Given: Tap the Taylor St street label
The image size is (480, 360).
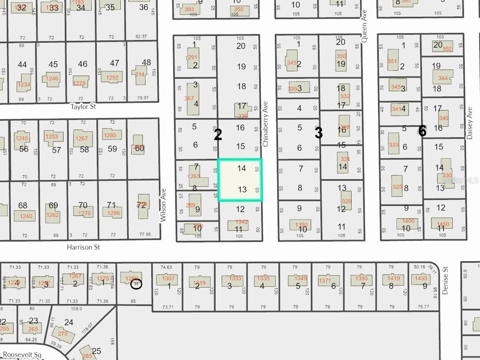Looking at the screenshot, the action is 83,107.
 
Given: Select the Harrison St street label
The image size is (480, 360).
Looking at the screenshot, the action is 83,247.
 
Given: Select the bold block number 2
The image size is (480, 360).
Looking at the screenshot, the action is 218,135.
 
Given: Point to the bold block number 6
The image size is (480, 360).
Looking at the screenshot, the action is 422,131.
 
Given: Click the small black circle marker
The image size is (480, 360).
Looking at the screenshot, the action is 136,284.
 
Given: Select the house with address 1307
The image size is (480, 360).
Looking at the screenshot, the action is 168,279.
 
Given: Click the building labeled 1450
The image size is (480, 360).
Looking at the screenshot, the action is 443,224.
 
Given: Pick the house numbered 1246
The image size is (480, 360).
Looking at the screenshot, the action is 52,79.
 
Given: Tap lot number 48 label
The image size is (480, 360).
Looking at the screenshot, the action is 146,62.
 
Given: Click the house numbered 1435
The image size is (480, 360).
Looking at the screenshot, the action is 421,279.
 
